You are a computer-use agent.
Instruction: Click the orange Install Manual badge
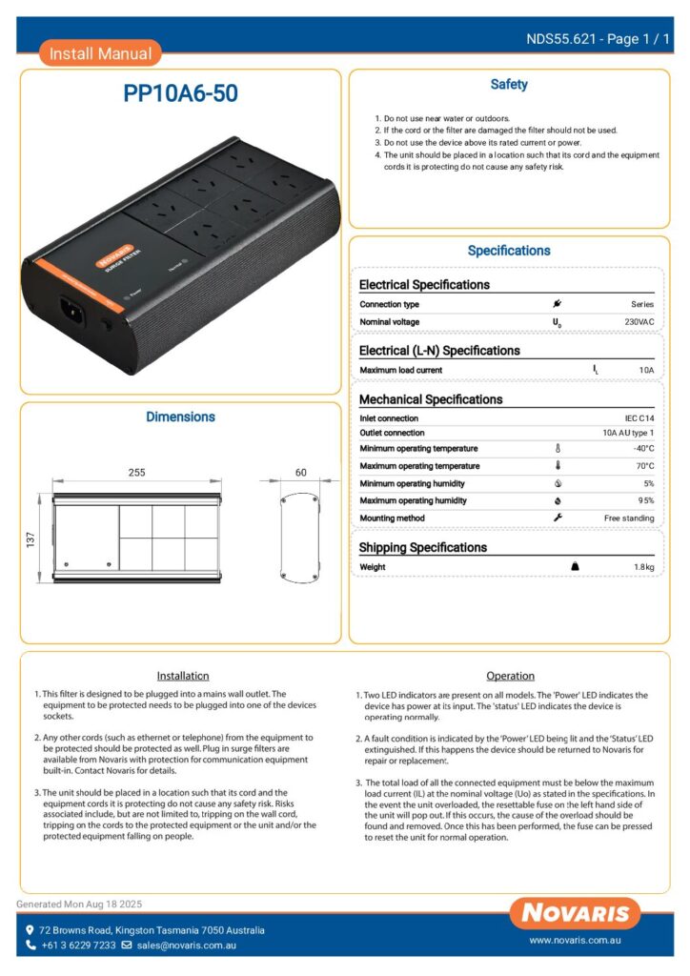point(100,53)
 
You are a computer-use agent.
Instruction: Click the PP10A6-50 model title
point(181,93)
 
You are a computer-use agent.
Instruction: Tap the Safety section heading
point(509,85)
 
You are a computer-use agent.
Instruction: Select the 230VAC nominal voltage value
point(639,322)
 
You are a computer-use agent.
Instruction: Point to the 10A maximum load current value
point(646,370)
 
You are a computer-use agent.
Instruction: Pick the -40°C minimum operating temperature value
point(643,449)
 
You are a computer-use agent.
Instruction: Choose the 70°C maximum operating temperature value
point(644,466)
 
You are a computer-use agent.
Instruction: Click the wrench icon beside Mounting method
point(558,518)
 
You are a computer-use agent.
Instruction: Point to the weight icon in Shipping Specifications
point(575,566)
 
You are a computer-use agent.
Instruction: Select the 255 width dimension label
point(136,472)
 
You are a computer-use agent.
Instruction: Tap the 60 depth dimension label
point(301,472)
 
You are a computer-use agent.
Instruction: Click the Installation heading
point(182,676)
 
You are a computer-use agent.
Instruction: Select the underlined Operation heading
point(510,676)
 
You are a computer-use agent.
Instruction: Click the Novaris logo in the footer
point(574,913)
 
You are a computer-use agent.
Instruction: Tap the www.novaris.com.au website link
point(576,941)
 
